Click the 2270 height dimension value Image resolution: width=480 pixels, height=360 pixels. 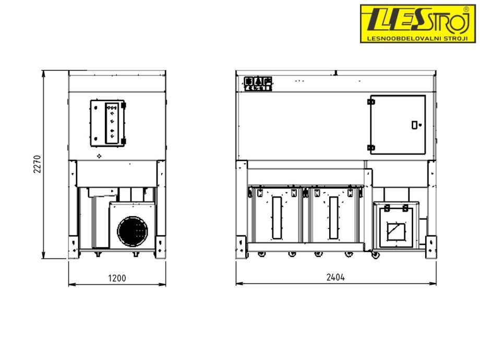[38, 164]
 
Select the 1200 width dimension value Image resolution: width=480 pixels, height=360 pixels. [117, 278]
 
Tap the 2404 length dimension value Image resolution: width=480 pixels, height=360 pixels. [335, 278]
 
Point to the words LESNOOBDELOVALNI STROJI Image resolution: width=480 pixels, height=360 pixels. [417, 39]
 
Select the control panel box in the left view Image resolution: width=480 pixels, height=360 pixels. [108, 123]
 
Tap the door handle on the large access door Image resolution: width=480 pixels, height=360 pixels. [414, 125]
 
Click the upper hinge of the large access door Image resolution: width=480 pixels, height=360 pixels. [371, 102]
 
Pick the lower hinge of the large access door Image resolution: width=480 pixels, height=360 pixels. [371, 148]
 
